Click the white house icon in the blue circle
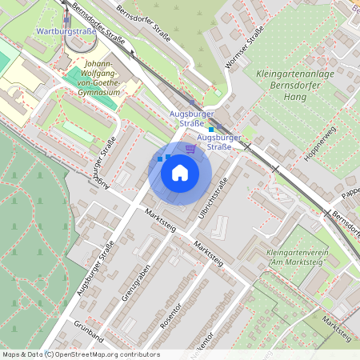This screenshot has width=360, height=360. (180, 172)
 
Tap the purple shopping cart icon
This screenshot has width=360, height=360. (190, 148)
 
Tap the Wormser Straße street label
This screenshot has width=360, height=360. (245, 48)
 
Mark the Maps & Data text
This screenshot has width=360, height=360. (22, 354)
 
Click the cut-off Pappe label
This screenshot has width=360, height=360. (350, 194)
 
